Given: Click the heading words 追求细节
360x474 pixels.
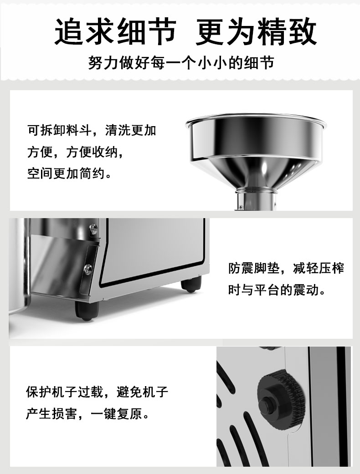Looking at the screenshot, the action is click(115, 32).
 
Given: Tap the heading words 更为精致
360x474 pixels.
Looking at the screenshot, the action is click(256, 32).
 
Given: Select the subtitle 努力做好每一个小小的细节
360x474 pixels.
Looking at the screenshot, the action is click(181, 63).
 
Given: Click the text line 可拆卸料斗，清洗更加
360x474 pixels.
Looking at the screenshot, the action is click(92, 130).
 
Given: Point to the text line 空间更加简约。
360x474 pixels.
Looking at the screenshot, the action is click(70, 173).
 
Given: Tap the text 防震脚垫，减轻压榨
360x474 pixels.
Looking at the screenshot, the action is click(286, 268).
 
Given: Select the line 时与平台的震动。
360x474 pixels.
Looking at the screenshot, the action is click(277, 290).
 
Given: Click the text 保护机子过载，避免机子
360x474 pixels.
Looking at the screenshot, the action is click(97, 392).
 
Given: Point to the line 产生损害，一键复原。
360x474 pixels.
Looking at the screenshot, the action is click(88, 413).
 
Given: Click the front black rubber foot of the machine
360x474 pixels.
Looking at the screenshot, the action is click(87, 311).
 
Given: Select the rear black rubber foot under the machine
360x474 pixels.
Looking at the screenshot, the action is click(191, 285).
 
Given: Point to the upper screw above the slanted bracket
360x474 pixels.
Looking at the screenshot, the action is click(93, 228).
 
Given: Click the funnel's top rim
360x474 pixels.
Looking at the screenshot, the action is click(256, 121).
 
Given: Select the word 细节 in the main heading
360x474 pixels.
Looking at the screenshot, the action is click(146, 32).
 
